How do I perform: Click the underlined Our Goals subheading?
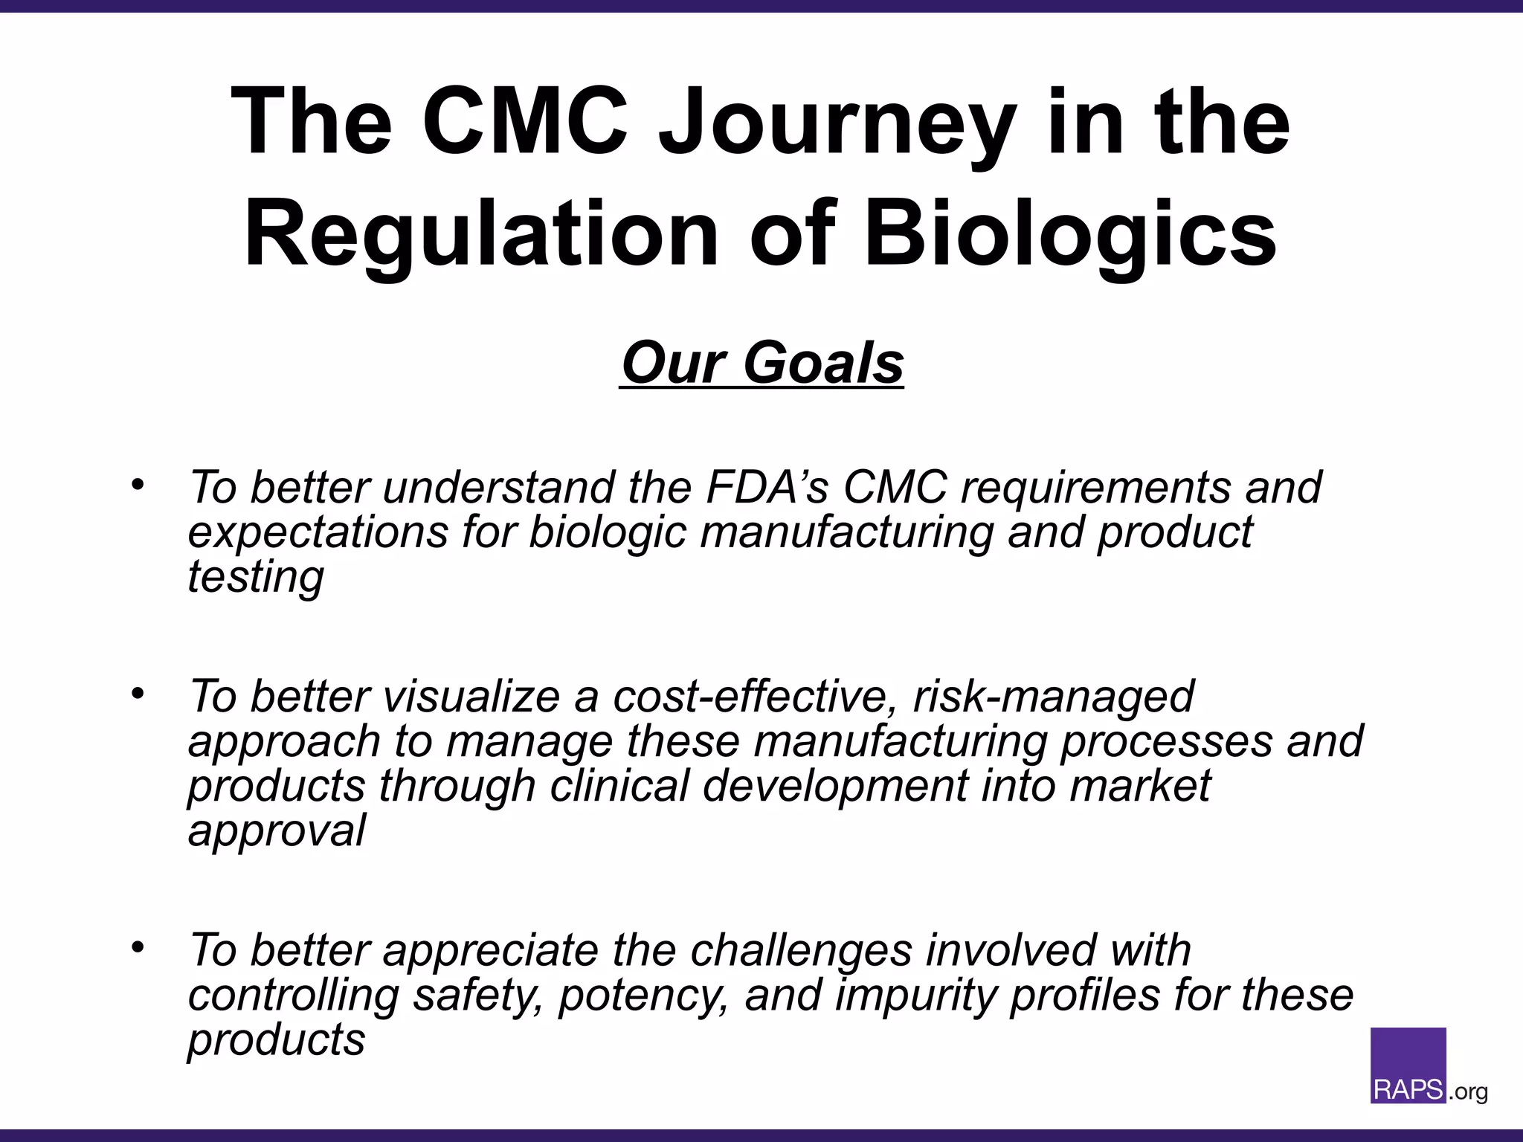pyautogui.click(x=761, y=364)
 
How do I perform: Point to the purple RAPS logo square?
pyautogui.click(x=1408, y=1065)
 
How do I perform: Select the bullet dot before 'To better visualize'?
pyautogui.click(x=137, y=694)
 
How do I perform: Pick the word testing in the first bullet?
pyautogui.click(x=255, y=577)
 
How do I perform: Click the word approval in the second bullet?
pyautogui.click(x=276, y=831)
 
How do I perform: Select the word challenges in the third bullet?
pyautogui.click(x=800, y=951)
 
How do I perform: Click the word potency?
pyautogui.click(x=644, y=996)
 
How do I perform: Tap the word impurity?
pyautogui.click(x=915, y=996)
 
